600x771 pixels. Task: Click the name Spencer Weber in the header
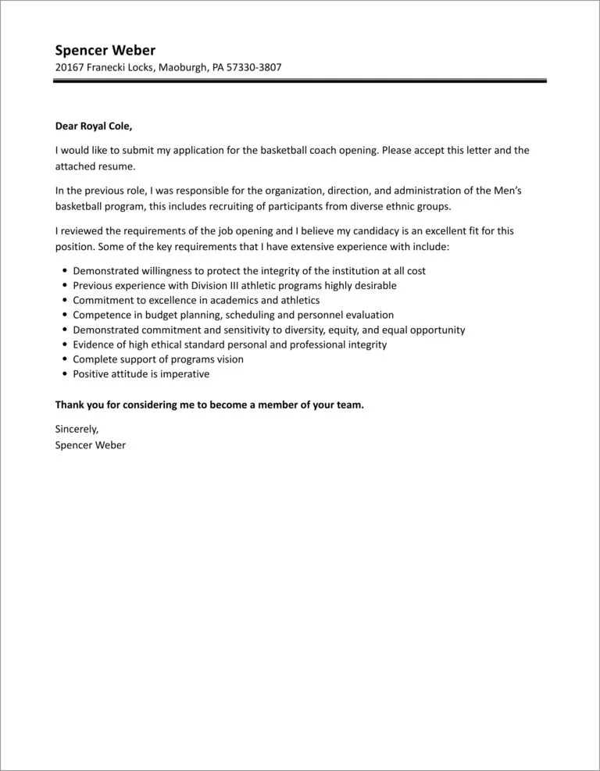105,51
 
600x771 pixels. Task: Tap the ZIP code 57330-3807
254,68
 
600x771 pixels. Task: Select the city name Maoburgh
183,68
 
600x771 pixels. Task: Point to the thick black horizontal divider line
300,80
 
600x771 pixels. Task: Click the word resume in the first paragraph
119,166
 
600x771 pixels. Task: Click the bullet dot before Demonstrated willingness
63,270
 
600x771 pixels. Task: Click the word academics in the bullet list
237,300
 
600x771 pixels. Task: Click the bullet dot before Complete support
63,359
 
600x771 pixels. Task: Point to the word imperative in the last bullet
183,374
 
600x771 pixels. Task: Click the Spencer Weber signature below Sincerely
91,444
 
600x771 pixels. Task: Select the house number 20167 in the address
70,68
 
